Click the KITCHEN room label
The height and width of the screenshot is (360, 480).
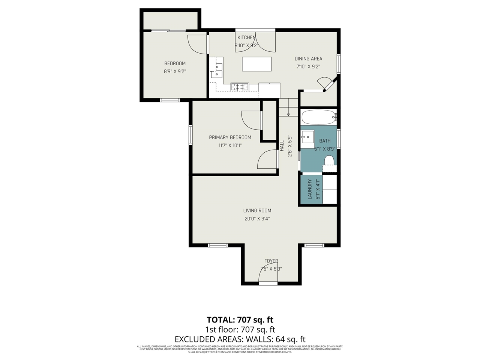point(246,37)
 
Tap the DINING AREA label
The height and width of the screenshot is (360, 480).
point(308,58)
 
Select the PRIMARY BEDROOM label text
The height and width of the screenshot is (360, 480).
point(230,137)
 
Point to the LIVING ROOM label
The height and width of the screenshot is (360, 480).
point(257,210)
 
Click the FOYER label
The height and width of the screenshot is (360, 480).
point(271,261)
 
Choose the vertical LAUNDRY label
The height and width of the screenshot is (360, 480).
point(310,189)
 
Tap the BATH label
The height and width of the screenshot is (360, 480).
point(325,141)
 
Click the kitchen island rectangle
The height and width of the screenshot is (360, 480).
point(257,64)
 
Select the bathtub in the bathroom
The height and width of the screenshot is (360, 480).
point(319,117)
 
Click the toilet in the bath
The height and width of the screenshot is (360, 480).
point(329,161)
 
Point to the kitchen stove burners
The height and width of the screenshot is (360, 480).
point(240,87)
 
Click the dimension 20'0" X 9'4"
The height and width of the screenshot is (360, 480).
point(257,219)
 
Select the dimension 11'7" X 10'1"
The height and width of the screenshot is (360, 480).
point(230,145)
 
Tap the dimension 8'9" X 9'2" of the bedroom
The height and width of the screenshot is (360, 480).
point(175,71)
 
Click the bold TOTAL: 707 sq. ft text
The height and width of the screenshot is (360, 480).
point(240,320)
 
